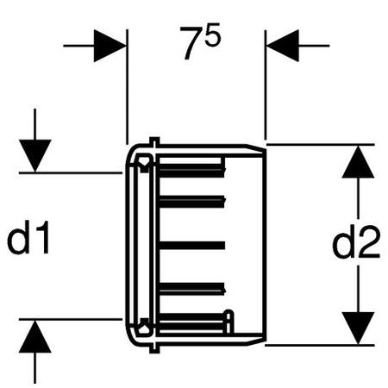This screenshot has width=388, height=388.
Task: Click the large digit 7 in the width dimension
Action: pyautogui.click(x=191, y=43)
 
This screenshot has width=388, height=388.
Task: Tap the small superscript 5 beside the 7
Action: pyautogui.click(x=213, y=34)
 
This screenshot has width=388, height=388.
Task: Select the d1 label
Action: pyautogui.click(x=28, y=237)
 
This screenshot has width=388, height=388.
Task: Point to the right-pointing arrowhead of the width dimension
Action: pyautogui.click(x=110, y=46)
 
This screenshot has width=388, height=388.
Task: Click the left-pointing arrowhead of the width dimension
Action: pyautogui.click(x=283, y=46)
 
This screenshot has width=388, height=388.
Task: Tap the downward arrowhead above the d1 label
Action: pyautogui.click(x=35, y=156)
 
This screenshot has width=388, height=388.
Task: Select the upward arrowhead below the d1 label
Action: pyautogui.click(x=35, y=336)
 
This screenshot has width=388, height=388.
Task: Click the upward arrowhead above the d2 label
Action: pyautogui.click(x=358, y=161)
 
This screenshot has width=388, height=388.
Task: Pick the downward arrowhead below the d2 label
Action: pyautogui.click(x=358, y=328)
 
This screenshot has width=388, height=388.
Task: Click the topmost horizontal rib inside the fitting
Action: pyautogui.click(x=191, y=170)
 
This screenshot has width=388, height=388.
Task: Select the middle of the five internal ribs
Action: pyautogui.click(x=191, y=245)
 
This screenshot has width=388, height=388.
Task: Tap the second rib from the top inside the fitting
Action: pyautogui.click(x=191, y=201)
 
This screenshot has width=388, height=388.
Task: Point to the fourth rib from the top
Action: pyautogui.click(x=191, y=289)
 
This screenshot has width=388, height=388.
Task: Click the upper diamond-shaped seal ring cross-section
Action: pyautogui.click(x=143, y=162)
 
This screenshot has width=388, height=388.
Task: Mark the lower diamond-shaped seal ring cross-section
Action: pyautogui.click(x=143, y=327)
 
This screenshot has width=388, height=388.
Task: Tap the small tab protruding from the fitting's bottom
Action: pyautogui.click(x=154, y=347)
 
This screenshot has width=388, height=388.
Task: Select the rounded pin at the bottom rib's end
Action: pyautogui.click(x=229, y=322)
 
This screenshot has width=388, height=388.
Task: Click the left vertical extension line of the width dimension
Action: pyautogui.click(x=127, y=86)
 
